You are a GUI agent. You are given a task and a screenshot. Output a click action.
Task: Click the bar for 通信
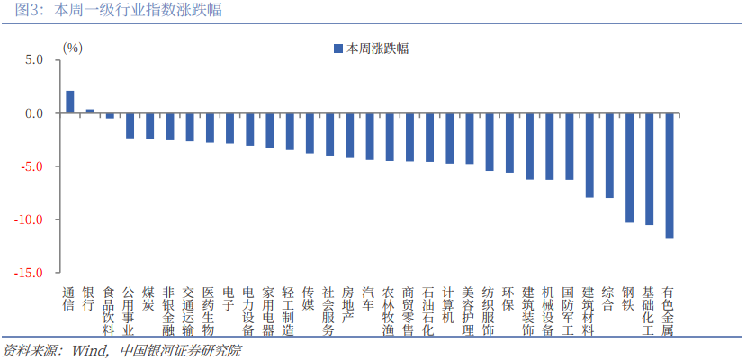(x=69, y=102)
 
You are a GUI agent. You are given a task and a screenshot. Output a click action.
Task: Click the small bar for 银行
(x=90, y=112)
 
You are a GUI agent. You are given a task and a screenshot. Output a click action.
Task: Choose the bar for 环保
(x=509, y=143)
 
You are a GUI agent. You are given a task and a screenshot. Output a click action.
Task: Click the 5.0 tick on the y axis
(x=34, y=60)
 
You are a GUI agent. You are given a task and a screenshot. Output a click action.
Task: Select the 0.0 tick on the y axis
(x=34, y=113)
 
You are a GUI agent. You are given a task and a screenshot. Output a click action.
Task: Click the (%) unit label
(x=72, y=47)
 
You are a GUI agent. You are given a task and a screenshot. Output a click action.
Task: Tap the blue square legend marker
(x=338, y=48)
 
